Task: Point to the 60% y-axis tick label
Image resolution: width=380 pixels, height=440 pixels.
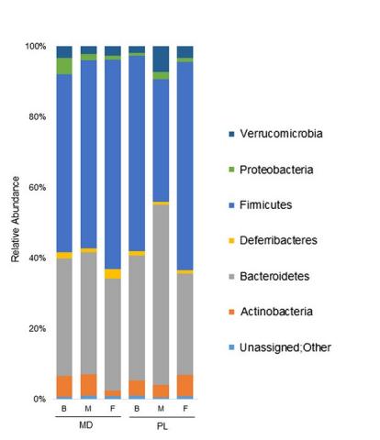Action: tap(37, 187)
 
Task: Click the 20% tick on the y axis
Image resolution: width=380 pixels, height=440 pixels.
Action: tap(37, 328)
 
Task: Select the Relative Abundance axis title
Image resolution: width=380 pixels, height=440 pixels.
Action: tap(16, 222)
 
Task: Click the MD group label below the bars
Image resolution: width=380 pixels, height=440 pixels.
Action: tap(88, 426)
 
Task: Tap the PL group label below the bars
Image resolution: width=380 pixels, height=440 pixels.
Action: tap(161, 426)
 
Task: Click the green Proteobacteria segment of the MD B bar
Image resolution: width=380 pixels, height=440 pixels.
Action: tap(64, 66)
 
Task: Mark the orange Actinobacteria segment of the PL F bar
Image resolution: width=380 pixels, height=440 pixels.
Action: tap(184, 385)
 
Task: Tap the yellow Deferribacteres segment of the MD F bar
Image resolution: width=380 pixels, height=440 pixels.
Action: tap(112, 273)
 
